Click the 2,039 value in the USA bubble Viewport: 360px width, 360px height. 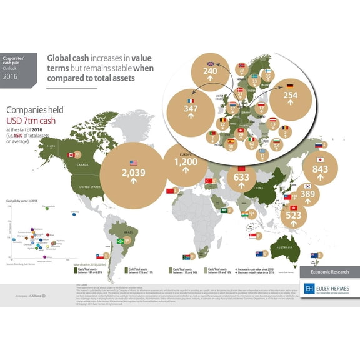133,172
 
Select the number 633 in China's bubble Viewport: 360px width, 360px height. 240,177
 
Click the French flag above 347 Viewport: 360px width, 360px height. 191,101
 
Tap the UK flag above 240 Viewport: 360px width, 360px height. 211,63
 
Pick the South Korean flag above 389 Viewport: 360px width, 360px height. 307,186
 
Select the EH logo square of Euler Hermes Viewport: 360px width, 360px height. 309,289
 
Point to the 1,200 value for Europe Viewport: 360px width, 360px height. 185,161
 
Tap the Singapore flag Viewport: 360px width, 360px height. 252,236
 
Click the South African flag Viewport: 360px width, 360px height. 186,256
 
